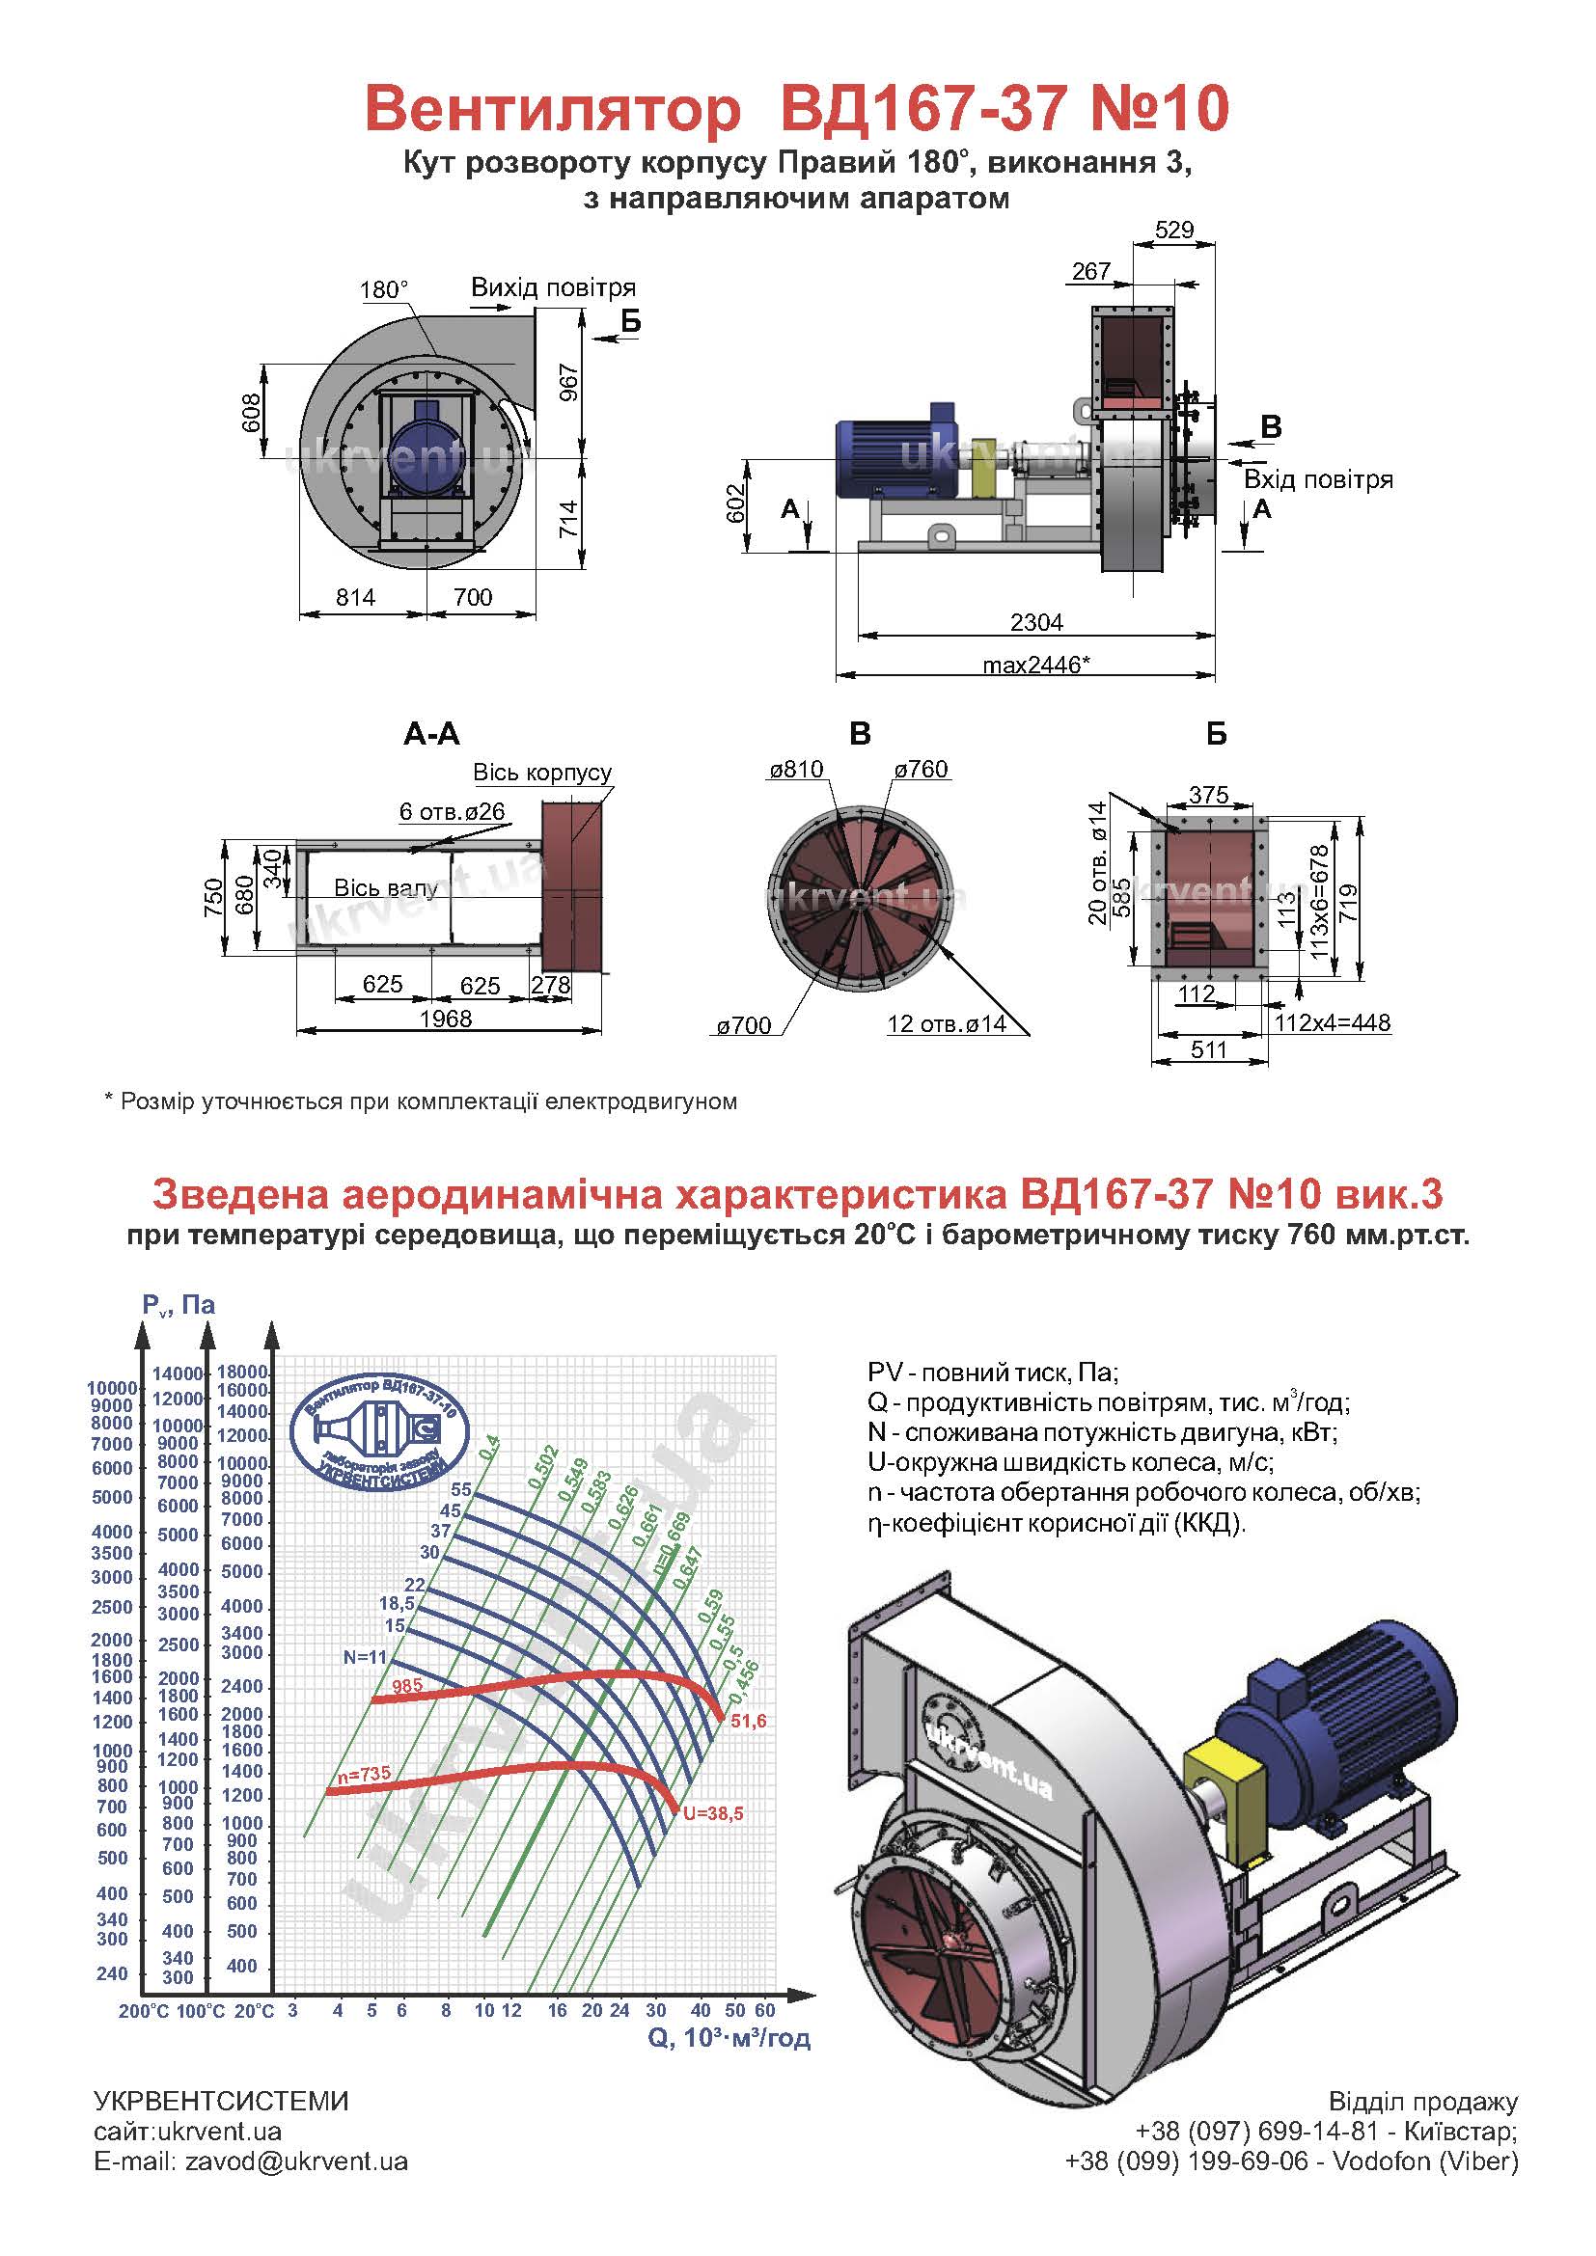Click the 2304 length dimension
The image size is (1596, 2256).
tap(1036, 622)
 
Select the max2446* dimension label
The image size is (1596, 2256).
tap(1036, 665)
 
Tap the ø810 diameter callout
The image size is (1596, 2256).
tap(796, 770)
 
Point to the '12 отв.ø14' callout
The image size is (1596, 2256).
tap(947, 1024)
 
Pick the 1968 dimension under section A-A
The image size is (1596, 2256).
tap(446, 1018)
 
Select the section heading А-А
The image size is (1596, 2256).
tap(431, 734)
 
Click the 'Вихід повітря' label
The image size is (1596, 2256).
tap(553, 287)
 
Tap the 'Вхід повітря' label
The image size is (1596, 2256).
tap(1319, 479)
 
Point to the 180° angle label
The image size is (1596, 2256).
tap(384, 290)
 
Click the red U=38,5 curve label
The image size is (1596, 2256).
tap(713, 1813)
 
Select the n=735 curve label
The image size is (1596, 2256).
tap(364, 1774)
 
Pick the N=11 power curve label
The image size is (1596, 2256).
tap(366, 1657)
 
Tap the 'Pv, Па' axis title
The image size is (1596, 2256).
tap(179, 1305)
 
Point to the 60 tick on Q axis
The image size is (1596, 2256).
tap(765, 2009)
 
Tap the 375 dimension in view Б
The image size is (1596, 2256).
tap(1209, 795)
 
